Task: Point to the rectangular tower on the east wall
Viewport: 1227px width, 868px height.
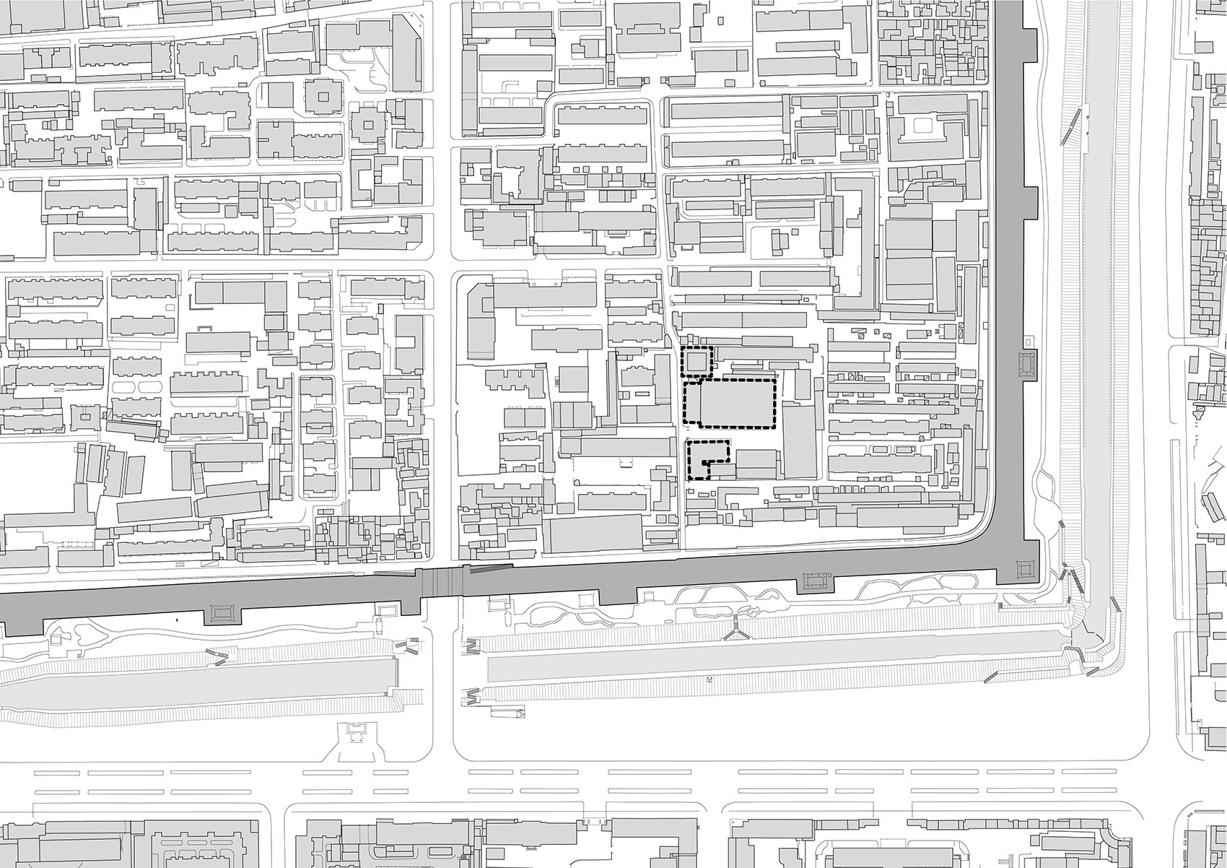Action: click(1026, 365)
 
